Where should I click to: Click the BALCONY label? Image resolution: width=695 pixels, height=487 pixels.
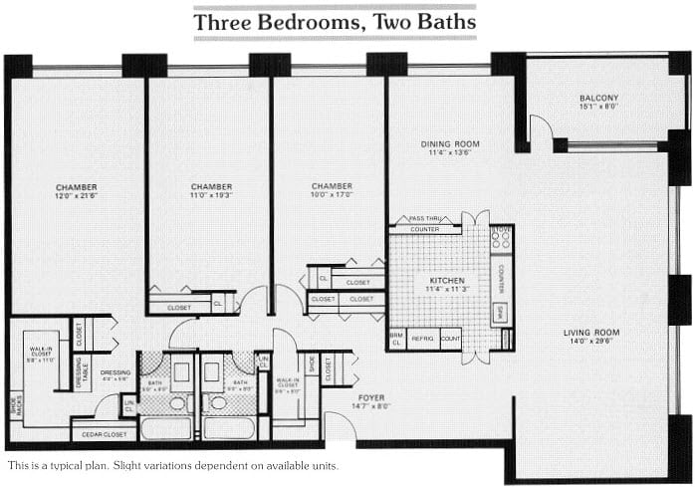click(x=599, y=98)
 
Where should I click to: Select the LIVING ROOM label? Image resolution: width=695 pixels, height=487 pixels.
click(x=591, y=333)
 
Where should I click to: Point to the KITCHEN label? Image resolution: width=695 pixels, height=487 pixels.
click(x=447, y=282)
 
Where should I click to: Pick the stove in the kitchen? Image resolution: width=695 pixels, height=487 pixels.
click(x=502, y=240)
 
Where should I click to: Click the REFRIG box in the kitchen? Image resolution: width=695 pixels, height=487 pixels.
click(x=423, y=339)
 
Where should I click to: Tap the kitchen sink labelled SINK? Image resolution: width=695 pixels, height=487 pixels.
click(x=501, y=312)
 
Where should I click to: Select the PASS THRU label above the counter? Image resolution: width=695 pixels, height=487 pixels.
click(x=425, y=218)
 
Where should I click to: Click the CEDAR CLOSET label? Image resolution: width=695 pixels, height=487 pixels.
click(x=104, y=433)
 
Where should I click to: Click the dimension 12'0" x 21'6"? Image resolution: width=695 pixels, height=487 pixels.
click(x=76, y=196)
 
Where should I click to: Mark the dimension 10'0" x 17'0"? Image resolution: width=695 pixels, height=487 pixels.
click(x=331, y=196)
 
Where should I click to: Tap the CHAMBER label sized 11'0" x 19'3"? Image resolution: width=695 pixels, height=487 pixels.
click(x=211, y=186)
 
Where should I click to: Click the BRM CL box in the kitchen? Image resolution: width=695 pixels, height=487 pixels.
click(x=395, y=339)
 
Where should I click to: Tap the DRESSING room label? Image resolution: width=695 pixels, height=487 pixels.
click(x=116, y=372)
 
